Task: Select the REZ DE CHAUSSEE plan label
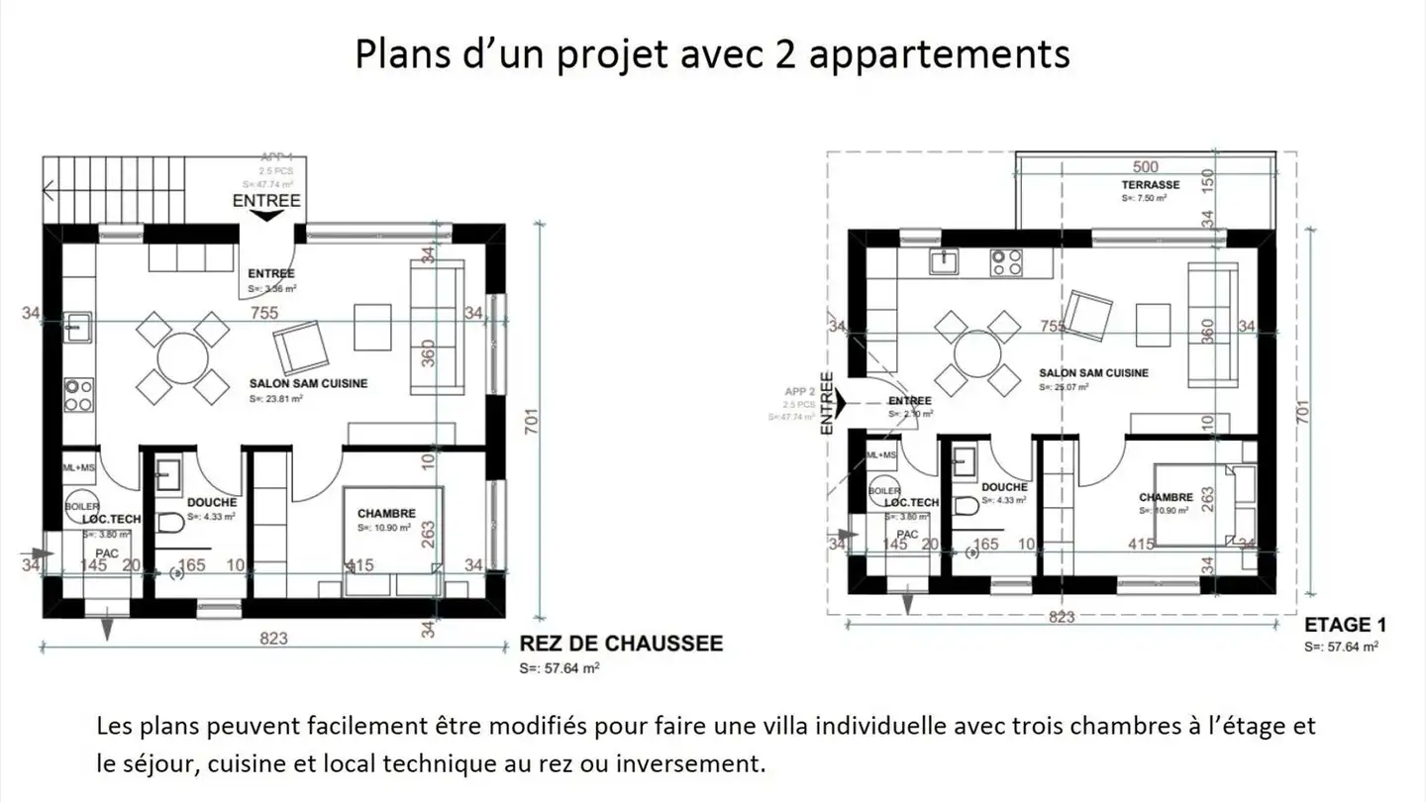coord(621,644)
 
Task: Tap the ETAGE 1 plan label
coord(1345,625)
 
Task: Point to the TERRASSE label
coord(1150,185)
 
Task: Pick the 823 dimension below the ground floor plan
coord(273,638)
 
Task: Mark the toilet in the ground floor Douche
coord(168,523)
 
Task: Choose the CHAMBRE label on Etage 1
coord(1166,497)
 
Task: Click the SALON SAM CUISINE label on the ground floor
coord(294,383)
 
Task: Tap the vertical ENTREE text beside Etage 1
coord(827,403)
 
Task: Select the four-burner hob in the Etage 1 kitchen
coord(1007,261)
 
